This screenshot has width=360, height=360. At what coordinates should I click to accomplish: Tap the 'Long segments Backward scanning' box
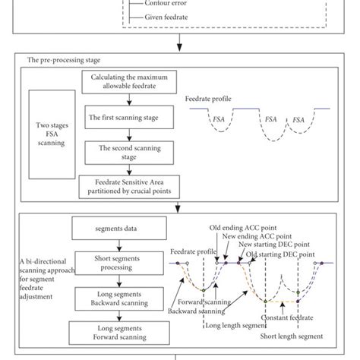(113, 298)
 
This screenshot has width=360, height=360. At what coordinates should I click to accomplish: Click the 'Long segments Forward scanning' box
(113, 333)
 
